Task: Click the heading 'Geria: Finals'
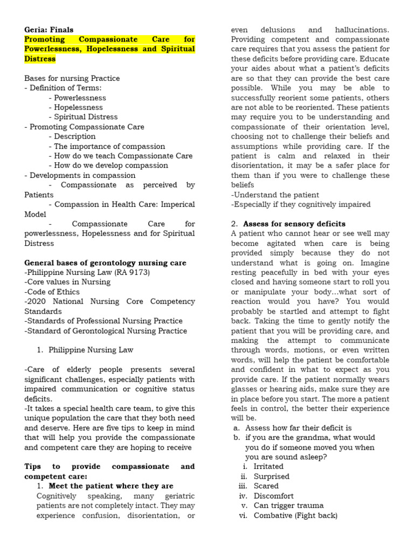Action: tap(49, 30)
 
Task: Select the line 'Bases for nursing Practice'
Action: tap(72, 78)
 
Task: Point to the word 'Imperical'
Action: tap(176, 204)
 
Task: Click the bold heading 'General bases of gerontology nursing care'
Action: tap(106, 263)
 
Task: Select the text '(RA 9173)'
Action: tap(132, 272)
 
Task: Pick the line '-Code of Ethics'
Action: tap(51, 292)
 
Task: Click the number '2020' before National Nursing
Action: tap(38, 301)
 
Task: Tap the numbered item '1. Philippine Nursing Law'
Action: tap(85, 350)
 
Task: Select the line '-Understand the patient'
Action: tap(275, 195)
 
